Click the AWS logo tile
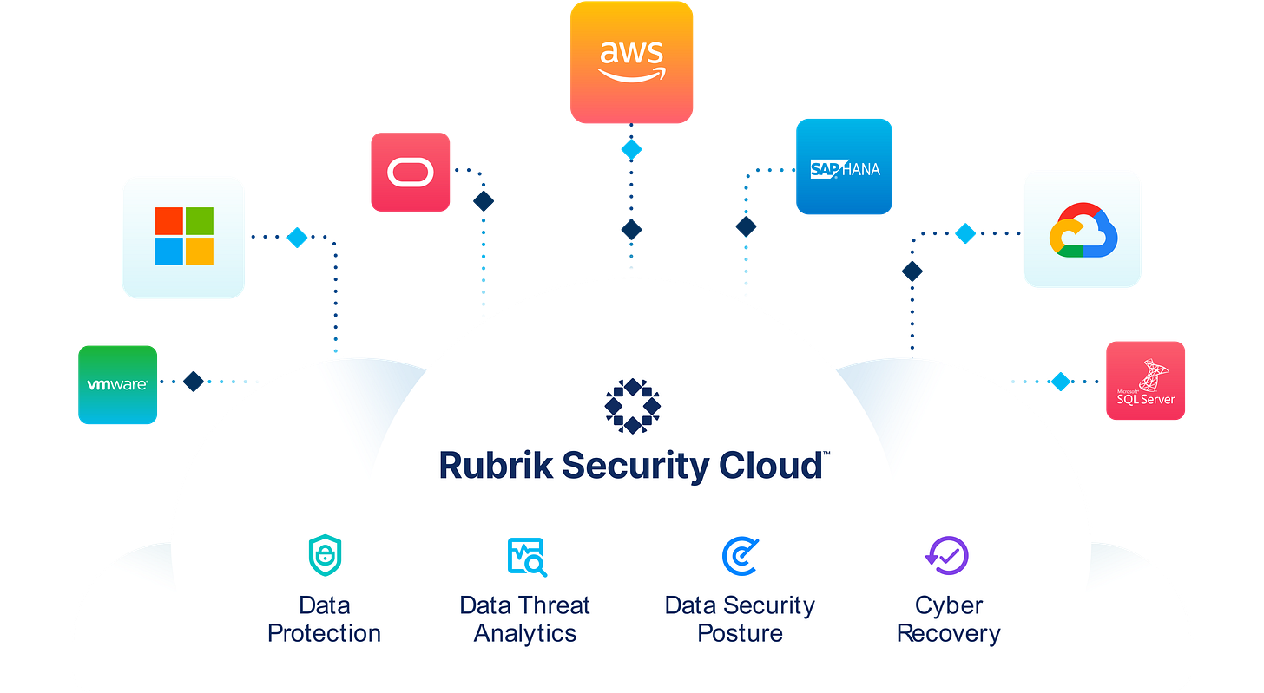pos(631,62)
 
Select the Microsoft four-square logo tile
pos(183,237)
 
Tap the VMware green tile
pos(117,384)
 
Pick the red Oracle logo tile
pos(410,172)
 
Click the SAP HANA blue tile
pos(844,167)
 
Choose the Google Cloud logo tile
pos(1082,228)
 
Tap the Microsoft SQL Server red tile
pos(1145,381)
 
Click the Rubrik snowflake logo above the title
pos(632,405)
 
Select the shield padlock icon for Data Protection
pos(325,556)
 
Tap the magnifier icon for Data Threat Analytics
pos(526,557)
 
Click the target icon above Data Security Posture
pos(740,556)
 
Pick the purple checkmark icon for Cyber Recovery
pos(946,555)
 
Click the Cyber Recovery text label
pos(948,619)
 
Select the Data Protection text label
pos(324,619)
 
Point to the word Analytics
pos(524,634)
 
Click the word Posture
pos(740,634)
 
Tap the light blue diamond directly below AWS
pos(631,148)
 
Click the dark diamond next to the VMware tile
pos(193,381)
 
